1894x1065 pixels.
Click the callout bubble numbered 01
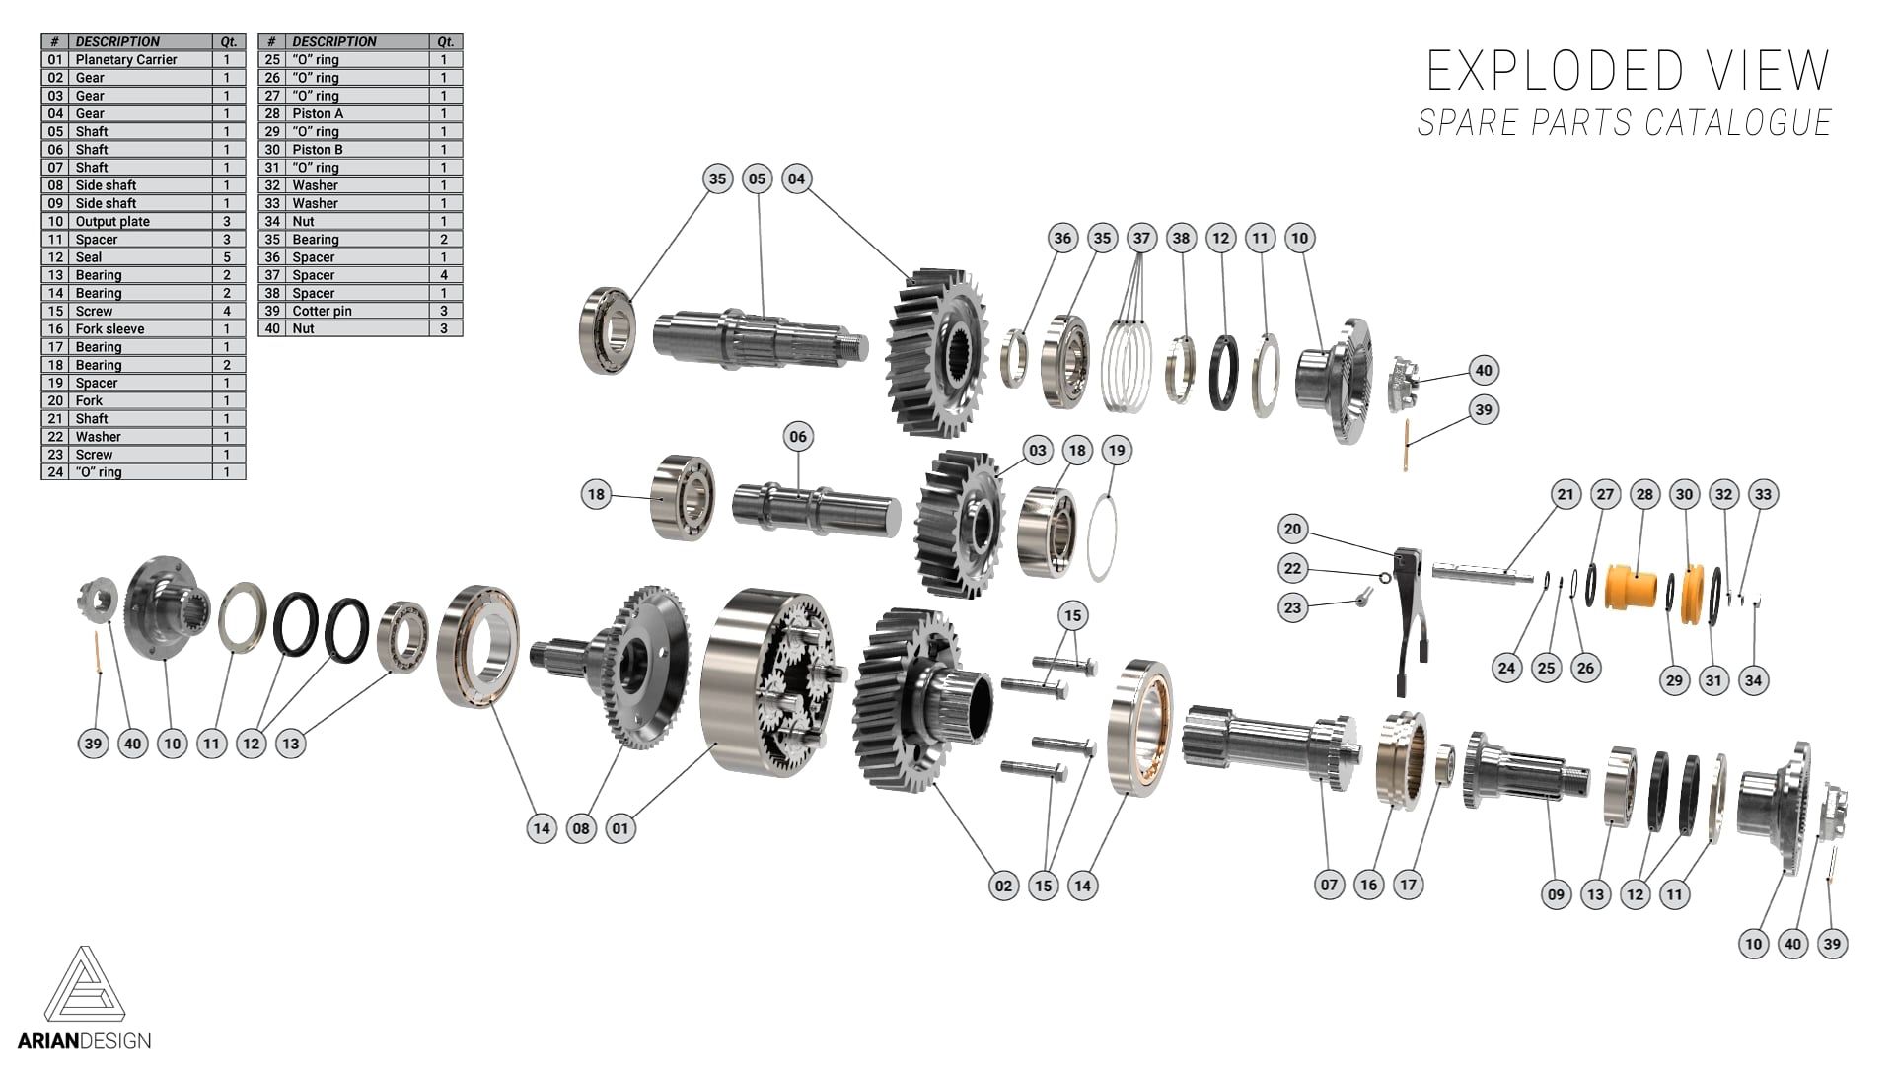tap(620, 828)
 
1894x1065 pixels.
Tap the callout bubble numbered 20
tap(1292, 529)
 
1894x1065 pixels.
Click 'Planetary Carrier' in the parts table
tap(126, 59)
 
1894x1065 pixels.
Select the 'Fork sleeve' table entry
tap(109, 328)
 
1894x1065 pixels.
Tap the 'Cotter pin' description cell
tap(322, 311)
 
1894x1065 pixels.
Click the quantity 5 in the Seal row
tap(227, 256)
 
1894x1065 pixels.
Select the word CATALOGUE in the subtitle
tap(1737, 123)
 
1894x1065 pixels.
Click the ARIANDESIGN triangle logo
tap(85, 986)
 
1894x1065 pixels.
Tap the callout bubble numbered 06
tap(798, 436)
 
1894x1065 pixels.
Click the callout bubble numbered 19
tap(1116, 450)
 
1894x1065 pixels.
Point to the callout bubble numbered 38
tap(1181, 238)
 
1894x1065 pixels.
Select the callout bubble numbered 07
tap(1329, 885)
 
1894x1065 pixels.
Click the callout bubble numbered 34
tap(1753, 679)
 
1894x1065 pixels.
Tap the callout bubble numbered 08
tap(581, 828)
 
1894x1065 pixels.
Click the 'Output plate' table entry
tap(112, 221)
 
